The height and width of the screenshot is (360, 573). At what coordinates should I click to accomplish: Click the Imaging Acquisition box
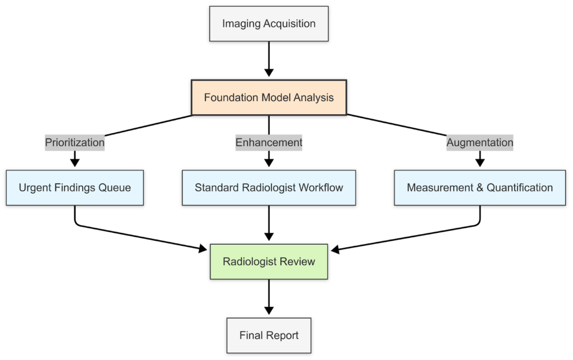point(269,24)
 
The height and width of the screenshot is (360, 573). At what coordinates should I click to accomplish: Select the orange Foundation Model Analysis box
point(269,98)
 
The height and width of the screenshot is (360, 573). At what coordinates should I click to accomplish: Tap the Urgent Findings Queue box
point(75,188)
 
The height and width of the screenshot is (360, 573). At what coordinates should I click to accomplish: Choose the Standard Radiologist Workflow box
point(269,188)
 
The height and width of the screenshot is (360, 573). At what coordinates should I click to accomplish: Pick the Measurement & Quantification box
point(480,188)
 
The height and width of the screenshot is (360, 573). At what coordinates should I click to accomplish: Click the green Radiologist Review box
point(269,261)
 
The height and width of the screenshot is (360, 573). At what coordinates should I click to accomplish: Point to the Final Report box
point(269,336)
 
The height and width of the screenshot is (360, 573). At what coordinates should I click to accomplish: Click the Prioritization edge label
point(75,143)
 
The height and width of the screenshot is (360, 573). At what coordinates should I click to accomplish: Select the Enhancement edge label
point(269,143)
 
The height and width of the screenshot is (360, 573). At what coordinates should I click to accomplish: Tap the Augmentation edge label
point(480,143)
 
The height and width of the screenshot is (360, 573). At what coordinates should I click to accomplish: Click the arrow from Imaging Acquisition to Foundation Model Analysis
point(269,59)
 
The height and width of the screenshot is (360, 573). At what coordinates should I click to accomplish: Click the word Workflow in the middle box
point(321,188)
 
